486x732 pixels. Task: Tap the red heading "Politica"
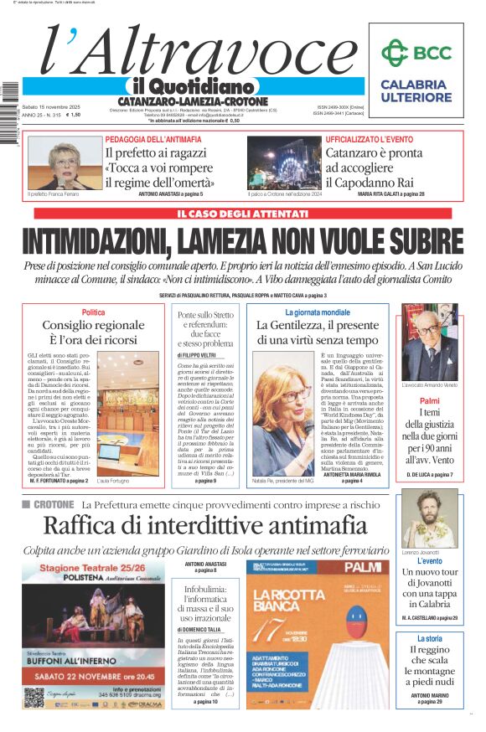[x=94, y=312]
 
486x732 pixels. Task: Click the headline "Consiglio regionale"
[x=94, y=326]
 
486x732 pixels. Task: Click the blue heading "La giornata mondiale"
[x=318, y=312]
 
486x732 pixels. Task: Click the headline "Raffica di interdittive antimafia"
[x=204, y=527]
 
